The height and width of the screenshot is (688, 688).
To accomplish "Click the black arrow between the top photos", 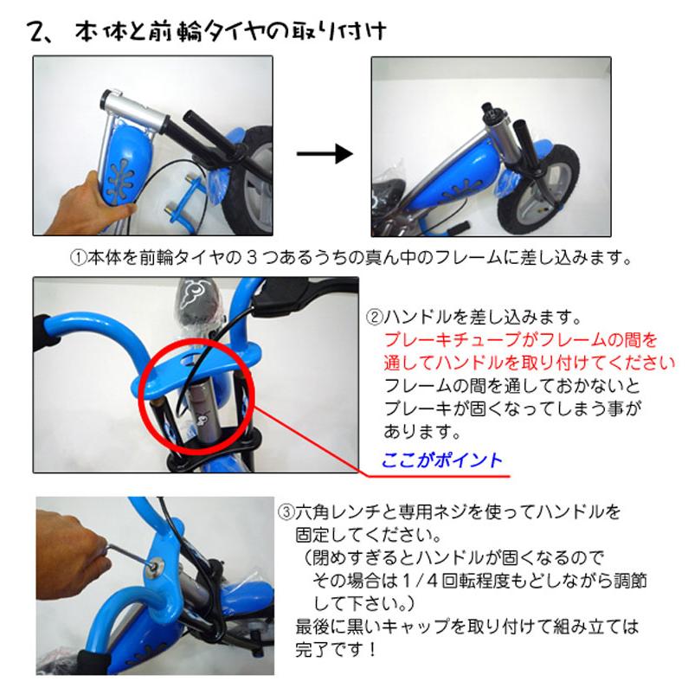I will click(x=325, y=153).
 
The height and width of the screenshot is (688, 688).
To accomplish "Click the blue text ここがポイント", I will click(x=441, y=460).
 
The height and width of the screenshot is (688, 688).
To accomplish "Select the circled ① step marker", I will click(x=77, y=257).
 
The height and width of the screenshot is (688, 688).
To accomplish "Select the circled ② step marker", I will click(x=375, y=315).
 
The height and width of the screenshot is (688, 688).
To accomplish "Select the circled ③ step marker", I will click(x=286, y=511).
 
